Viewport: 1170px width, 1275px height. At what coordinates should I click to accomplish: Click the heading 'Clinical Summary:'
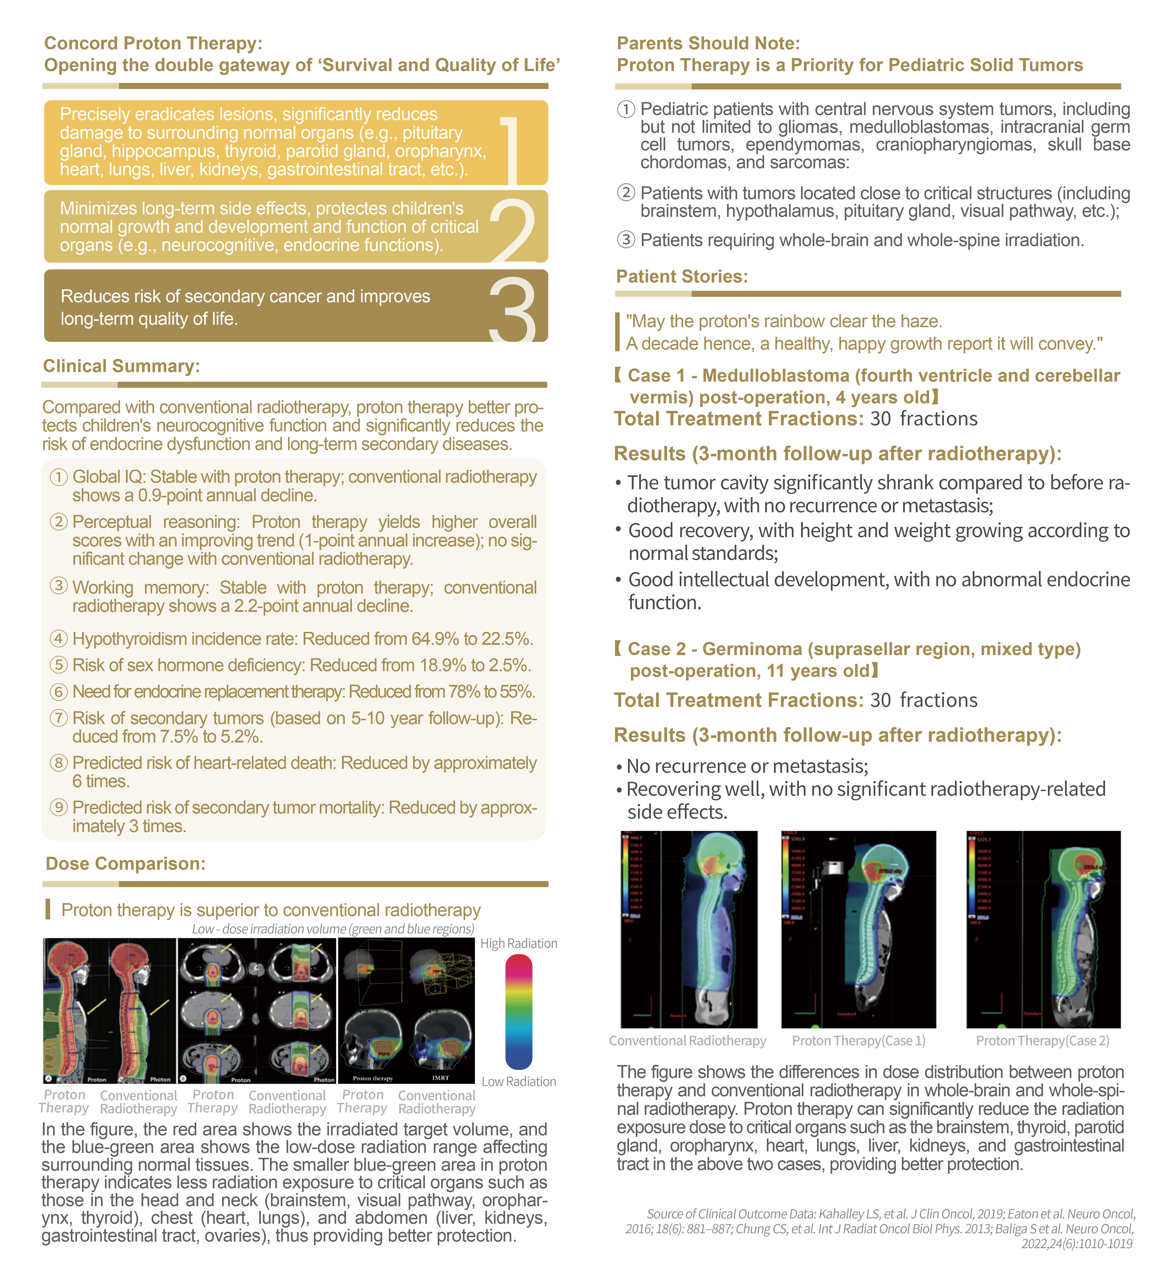pyautogui.click(x=121, y=366)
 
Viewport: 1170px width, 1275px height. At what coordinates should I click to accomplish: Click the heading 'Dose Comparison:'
pyautogui.click(x=125, y=864)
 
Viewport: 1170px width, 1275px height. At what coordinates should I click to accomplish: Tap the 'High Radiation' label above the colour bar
pyautogui.click(x=519, y=943)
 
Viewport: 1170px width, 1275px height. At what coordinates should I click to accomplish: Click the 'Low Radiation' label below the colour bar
pyautogui.click(x=519, y=1081)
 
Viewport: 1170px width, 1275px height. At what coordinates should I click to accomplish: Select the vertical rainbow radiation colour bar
pyautogui.click(x=519, y=1012)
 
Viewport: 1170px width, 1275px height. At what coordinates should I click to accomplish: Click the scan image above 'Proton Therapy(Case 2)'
pyautogui.click(x=1043, y=929)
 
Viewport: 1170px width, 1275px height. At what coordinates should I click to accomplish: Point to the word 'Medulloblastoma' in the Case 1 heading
pyautogui.click(x=776, y=376)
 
